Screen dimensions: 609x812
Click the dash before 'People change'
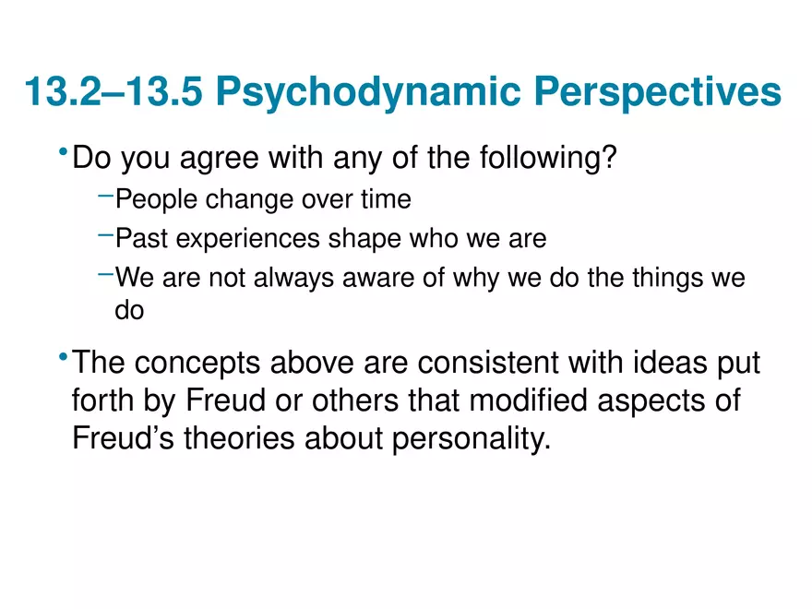105,194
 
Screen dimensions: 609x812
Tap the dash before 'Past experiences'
105,234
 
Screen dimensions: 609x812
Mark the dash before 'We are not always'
105,274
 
